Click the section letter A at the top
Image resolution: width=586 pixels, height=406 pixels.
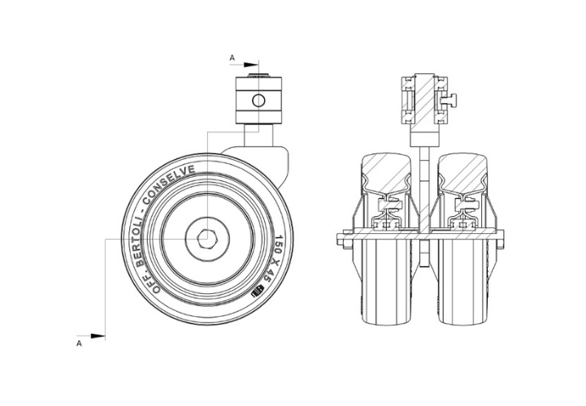click(232, 58)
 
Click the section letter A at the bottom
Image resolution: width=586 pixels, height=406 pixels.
click(79, 343)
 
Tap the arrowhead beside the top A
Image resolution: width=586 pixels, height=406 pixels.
click(251, 65)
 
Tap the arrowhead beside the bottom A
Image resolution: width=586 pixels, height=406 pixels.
click(98, 336)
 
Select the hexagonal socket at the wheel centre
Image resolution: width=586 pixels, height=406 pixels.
click(206, 239)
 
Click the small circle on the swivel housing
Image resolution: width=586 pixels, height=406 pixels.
click(258, 101)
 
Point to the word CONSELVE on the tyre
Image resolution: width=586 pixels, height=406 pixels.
click(169, 185)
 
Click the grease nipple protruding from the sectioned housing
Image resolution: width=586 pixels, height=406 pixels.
click(451, 99)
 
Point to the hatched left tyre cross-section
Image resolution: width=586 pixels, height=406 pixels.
click(386, 173)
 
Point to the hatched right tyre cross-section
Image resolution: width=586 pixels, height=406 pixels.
click(462, 173)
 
